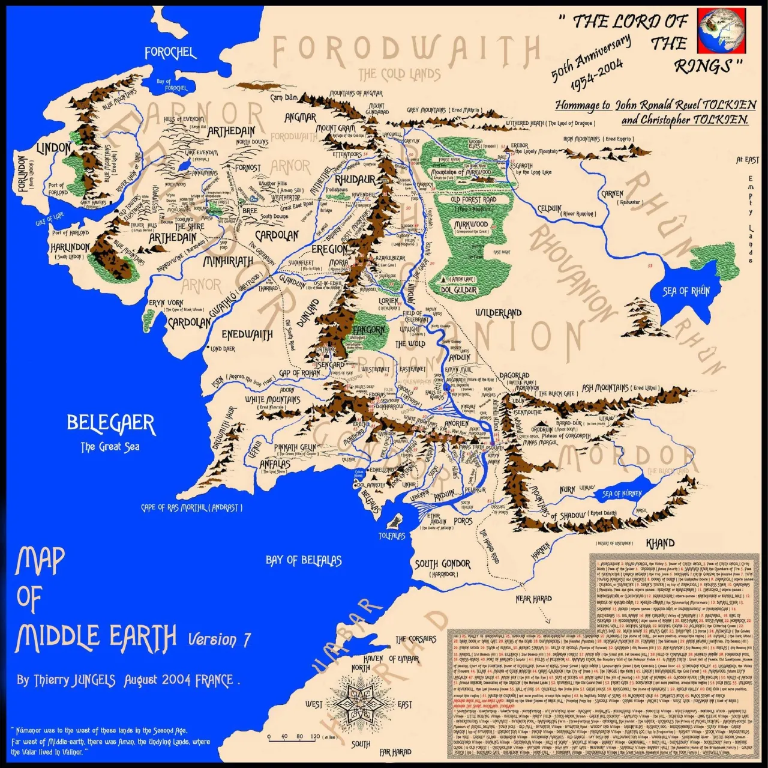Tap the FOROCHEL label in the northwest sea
170,53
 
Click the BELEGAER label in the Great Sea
111,423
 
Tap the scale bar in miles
294,737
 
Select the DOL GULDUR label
459,290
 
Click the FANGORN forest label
368,330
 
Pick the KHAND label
659,543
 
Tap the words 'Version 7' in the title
219,639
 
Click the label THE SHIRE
189,227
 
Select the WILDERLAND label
498,313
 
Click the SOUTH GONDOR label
442,564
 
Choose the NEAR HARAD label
533,599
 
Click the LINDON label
53,148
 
